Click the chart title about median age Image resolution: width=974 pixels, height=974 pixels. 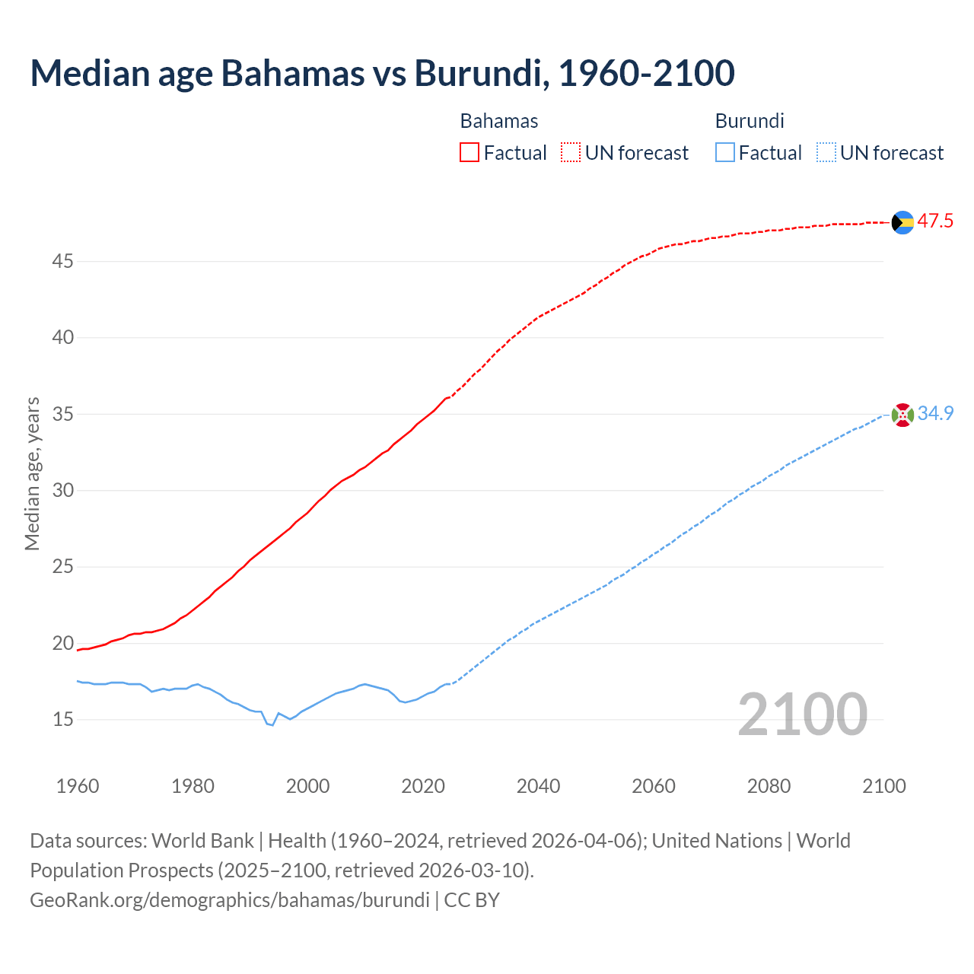click(382, 73)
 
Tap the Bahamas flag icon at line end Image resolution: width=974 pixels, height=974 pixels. click(902, 222)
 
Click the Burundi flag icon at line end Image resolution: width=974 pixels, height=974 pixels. click(902, 415)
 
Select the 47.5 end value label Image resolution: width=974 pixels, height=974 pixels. click(935, 221)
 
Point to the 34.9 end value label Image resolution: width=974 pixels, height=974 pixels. click(935, 414)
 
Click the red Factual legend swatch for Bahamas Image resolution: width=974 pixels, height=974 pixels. click(469, 153)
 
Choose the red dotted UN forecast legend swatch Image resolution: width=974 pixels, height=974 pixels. click(571, 153)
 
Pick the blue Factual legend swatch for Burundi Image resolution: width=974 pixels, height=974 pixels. click(725, 153)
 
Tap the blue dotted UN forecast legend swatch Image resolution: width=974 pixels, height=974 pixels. click(826, 153)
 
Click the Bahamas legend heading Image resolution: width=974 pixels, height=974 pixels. click(499, 121)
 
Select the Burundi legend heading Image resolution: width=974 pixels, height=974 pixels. click(750, 121)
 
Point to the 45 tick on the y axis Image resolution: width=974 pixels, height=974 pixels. click(62, 261)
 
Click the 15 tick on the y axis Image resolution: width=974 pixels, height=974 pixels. click(62, 719)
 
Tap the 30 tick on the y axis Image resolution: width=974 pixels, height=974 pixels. click(62, 490)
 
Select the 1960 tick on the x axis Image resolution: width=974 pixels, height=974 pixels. click(78, 786)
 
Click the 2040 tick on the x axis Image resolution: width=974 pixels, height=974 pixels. click(538, 786)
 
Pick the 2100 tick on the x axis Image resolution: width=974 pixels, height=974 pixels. click(883, 786)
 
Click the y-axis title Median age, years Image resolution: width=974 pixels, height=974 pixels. click(32, 473)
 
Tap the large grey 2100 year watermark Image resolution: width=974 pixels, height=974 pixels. click(802, 714)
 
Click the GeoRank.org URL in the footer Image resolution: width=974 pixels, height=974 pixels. click(230, 899)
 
